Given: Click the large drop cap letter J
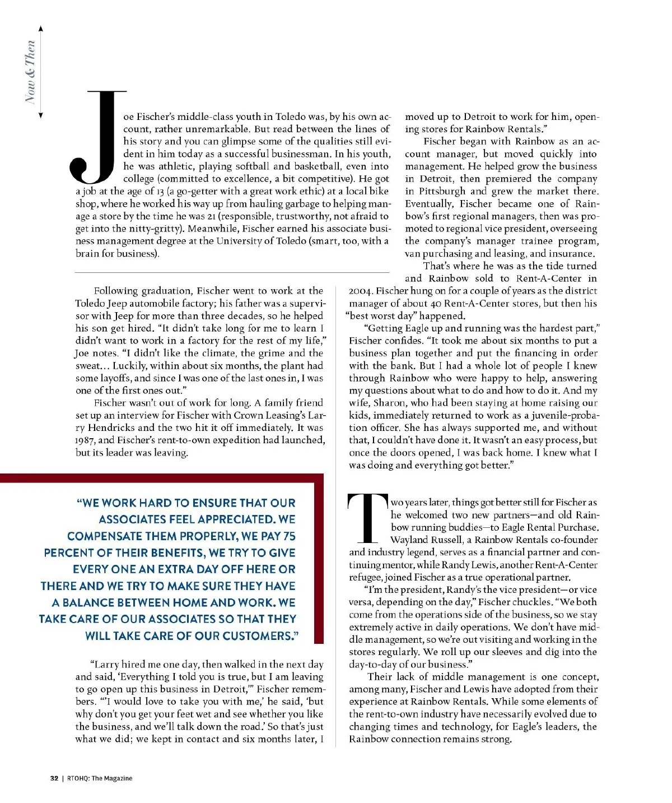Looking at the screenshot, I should point(98,137).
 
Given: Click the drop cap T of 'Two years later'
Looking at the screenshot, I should point(368,519).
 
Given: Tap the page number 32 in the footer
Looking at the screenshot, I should point(54,778).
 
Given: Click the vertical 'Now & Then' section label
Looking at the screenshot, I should point(31,72).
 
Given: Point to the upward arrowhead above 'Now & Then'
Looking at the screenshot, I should point(40,28).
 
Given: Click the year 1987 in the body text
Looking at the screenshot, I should point(86,440).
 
